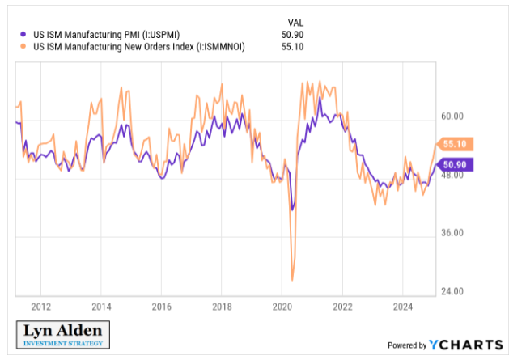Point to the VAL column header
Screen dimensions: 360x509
(x=296, y=22)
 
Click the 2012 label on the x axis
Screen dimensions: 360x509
(x=41, y=307)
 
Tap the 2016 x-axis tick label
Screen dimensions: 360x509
(x=161, y=307)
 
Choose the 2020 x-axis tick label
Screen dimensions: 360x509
(x=282, y=307)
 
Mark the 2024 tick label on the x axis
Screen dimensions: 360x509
(x=402, y=307)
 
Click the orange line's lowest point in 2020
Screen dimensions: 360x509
(x=291, y=280)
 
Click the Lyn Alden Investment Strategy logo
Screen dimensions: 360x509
(x=63, y=335)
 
